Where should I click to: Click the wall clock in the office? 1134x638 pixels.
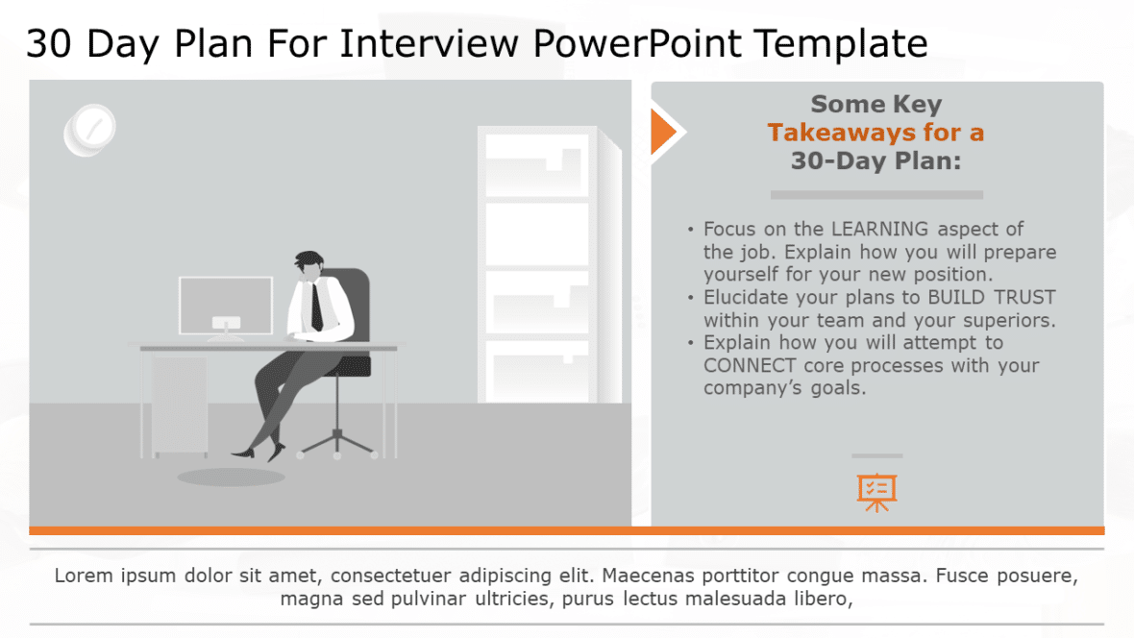click(90, 130)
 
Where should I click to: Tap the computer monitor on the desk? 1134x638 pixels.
click(226, 306)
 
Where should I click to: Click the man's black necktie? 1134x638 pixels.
click(315, 307)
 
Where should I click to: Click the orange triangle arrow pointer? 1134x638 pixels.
click(663, 132)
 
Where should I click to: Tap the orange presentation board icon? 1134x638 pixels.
click(875, 491)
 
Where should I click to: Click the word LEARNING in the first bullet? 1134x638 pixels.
click(879, 229)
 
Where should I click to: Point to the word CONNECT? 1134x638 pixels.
click(750, 365)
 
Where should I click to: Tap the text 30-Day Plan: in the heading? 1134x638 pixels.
click(875, 160)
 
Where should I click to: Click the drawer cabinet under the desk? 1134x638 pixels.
click(179, 404)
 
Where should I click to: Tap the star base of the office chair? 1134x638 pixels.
click(337, 442)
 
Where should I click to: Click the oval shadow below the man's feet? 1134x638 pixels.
click(217, 477)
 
